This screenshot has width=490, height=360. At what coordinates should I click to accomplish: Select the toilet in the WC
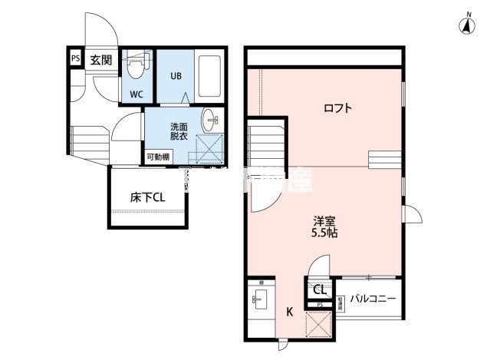tap(136, 67)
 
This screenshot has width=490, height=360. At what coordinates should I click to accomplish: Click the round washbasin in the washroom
tap(212, 121)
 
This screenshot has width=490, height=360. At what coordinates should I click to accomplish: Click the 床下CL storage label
tap(148, 197)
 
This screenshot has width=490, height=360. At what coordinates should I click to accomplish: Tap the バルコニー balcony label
tap(373, 297)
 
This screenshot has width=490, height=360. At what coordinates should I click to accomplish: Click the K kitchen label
tap(290, 312)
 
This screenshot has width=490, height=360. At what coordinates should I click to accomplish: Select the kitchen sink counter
tap(258, 302)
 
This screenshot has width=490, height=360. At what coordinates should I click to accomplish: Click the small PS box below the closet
tap(320, 305)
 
